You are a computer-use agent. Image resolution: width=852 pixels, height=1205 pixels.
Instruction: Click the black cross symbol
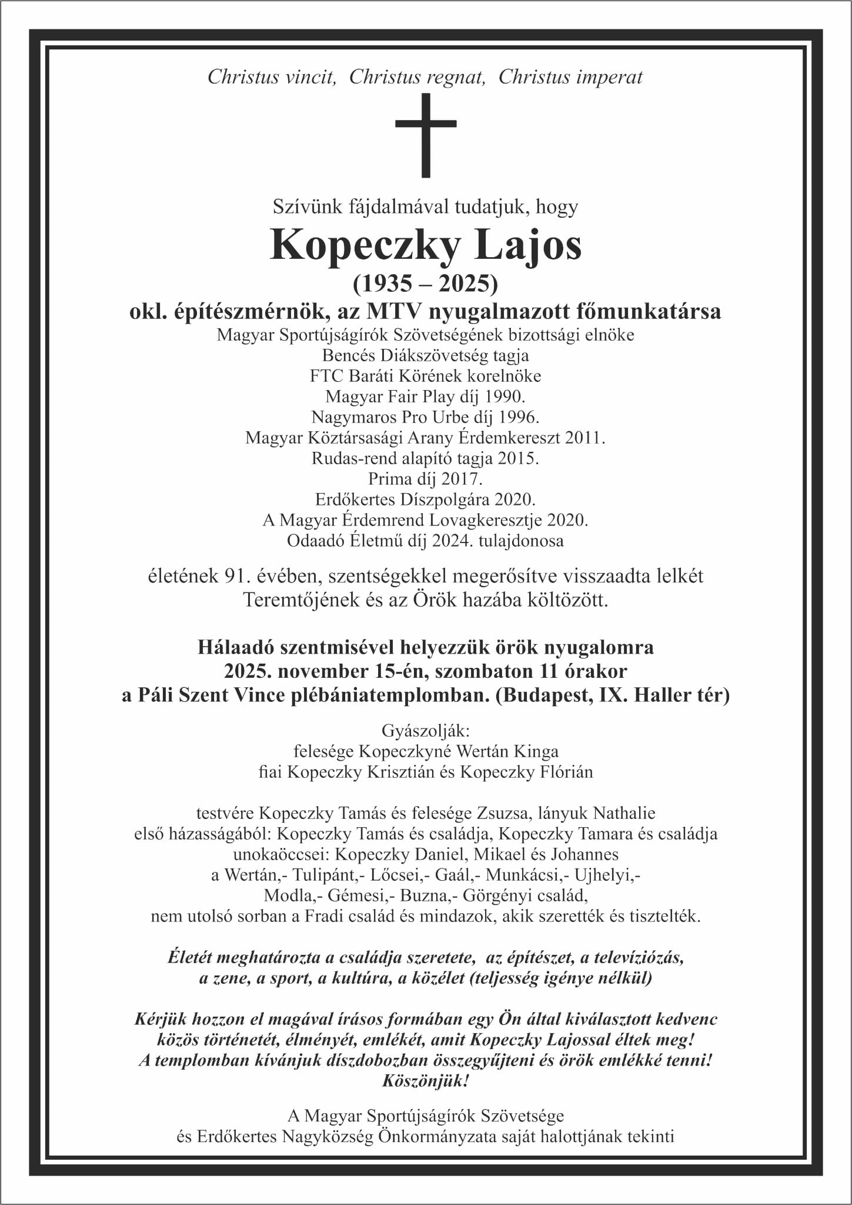[x=426, y=135]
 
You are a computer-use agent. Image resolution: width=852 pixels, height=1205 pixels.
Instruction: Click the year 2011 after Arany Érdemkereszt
[x=584, y=438]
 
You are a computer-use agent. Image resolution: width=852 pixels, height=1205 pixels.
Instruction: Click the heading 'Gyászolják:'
[x=426, y=731]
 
